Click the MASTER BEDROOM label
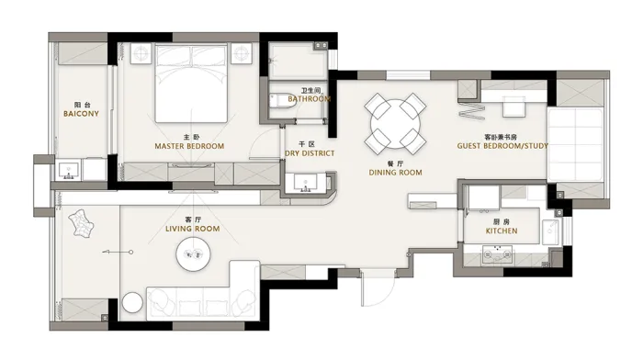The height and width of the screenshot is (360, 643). [189, 146]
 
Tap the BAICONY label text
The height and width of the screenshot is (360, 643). [81, 114]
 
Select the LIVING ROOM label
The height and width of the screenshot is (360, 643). [192, 229]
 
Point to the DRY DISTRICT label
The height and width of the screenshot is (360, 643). [310, 153]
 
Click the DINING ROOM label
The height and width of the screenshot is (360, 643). [395, 173]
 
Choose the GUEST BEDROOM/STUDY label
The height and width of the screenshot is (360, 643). [502, 146]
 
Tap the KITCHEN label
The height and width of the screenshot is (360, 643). [502, 231]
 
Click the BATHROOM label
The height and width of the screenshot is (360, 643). [309, 99]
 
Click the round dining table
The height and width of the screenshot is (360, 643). [395, 124]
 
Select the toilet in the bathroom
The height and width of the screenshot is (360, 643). [282, 101]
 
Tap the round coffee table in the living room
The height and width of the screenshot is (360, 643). [193, 254]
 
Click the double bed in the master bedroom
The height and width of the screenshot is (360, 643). [191, 84]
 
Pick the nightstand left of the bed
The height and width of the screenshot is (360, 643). [141, 53]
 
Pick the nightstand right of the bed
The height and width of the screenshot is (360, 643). [241, 53]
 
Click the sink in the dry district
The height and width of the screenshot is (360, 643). [305, 184]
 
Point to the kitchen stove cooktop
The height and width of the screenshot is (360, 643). [498, 254]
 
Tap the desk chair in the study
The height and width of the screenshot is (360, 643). [513, 107]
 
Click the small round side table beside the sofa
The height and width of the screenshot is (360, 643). [132, 303]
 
